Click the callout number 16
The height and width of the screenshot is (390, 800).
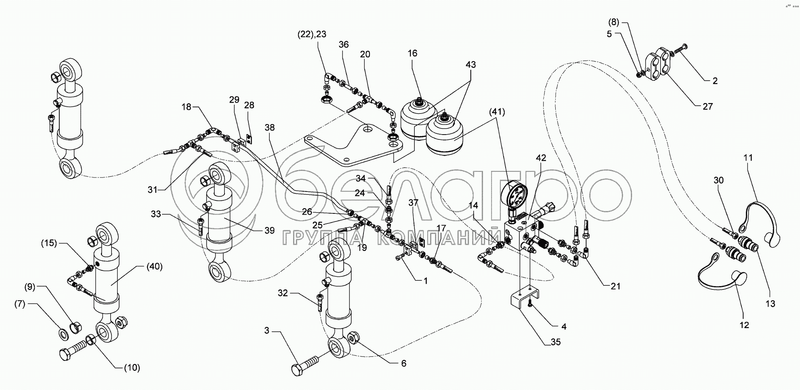tap(412, 53)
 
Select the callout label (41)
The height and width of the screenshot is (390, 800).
tap(497, 112)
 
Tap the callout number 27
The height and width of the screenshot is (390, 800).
tap(708, 106)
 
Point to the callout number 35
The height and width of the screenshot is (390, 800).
tap(556, 342)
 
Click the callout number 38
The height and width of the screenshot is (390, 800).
tap(270, 128)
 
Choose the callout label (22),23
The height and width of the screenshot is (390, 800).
tap(312, 34)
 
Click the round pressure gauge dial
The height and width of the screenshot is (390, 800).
tap(514, 195)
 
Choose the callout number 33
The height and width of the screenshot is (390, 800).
tap(156, 214)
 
